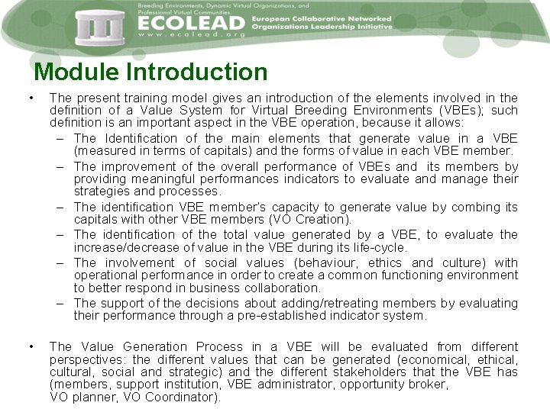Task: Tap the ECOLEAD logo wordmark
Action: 192,23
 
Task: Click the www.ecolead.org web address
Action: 192,35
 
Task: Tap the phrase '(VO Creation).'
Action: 314,220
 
